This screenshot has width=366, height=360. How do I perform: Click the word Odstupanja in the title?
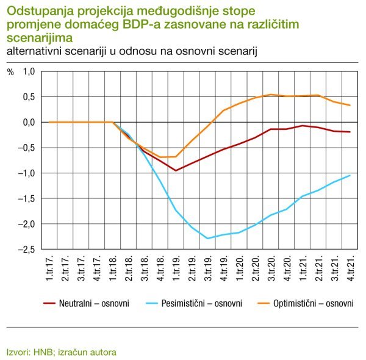click(36, 11)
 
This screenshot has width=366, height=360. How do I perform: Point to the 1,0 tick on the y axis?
click(29, 71)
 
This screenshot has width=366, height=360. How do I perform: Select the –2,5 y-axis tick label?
click(26, 250)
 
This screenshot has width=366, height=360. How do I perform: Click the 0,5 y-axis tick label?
click(29, 97)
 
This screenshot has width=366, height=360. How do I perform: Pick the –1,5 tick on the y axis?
click(26, 199)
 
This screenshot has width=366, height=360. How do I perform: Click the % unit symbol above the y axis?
click(10, 71)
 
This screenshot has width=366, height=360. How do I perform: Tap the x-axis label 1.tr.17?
click(49, 269)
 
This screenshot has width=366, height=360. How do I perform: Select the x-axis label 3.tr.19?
click(208, 269)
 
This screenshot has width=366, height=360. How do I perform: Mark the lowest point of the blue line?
click(208, 239)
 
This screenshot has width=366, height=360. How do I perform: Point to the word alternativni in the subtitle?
click(31, 51)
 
